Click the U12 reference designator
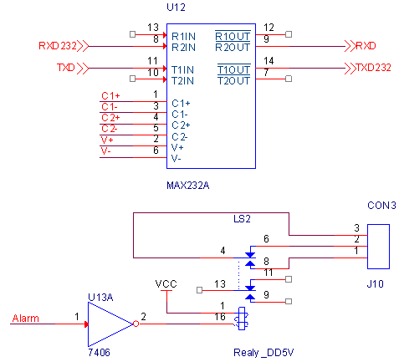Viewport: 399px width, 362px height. tap(176, 8)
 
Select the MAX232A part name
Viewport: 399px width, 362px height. tap(187, 186)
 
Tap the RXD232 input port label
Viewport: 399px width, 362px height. tap(58, 46)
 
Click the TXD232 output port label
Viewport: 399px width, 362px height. tap(374, 68)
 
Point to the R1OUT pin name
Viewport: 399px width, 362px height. tap(233, 36)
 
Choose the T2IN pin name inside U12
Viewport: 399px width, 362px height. tap(182, 81)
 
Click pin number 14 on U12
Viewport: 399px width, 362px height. tap(269, 61)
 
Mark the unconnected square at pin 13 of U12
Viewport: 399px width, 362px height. tap(133, 34)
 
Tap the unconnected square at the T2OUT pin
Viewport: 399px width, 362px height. tap(289, 79)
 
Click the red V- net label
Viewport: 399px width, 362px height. tap(106, 151)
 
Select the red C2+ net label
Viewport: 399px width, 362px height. tap(110, 118)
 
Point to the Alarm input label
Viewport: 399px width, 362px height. tap(26, 319)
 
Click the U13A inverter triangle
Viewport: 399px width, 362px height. tap(110, 324)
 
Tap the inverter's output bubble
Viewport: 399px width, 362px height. tap(136, 324)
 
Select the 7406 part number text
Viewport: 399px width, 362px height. tap(99, 353)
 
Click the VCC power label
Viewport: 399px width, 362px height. tap(166, 284)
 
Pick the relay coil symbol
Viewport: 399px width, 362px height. tap(242, 319)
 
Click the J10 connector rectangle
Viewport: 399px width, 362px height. tap(378, 247)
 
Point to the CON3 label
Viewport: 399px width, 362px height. tap(381, 206)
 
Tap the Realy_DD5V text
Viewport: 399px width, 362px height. tap(263, 353)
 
